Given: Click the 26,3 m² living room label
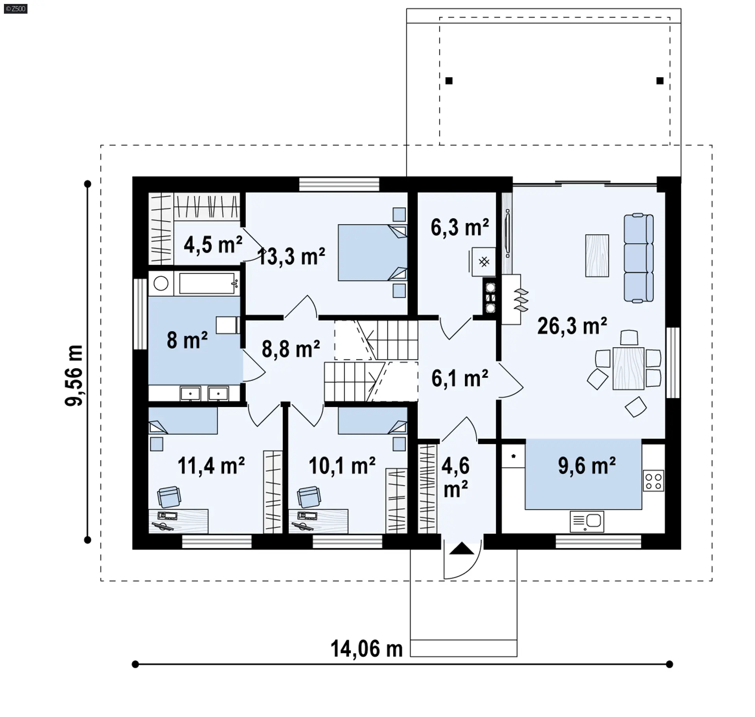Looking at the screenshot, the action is click(572, 326).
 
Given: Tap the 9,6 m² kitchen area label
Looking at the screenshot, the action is click(587, 465).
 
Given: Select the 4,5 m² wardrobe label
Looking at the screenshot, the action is click(213, 245).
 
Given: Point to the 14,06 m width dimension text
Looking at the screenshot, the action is click(366, 649).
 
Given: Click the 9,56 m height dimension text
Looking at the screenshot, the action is click(74, 375).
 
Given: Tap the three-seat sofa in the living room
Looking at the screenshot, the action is click(639, 258).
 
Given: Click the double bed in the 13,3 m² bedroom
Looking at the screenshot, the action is click(372, 253).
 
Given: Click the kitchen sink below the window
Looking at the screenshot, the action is click(587, 521).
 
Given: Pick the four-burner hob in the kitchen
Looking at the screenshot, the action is click(654, 481).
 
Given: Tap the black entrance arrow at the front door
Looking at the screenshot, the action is click(462, 549).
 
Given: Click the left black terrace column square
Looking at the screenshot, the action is click(449, 81).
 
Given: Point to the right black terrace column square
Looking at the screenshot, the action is click(660, 81).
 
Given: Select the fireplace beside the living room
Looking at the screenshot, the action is click(511, 299).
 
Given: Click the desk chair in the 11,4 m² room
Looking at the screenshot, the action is click(169, 497).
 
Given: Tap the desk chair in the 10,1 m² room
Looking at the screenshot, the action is click(309, 497).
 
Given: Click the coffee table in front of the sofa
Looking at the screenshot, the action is click(597, 256).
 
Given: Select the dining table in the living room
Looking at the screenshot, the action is click(628, 368).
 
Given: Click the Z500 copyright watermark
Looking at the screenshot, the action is click(15, 8).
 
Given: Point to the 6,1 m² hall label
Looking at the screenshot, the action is click(460, 378).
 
